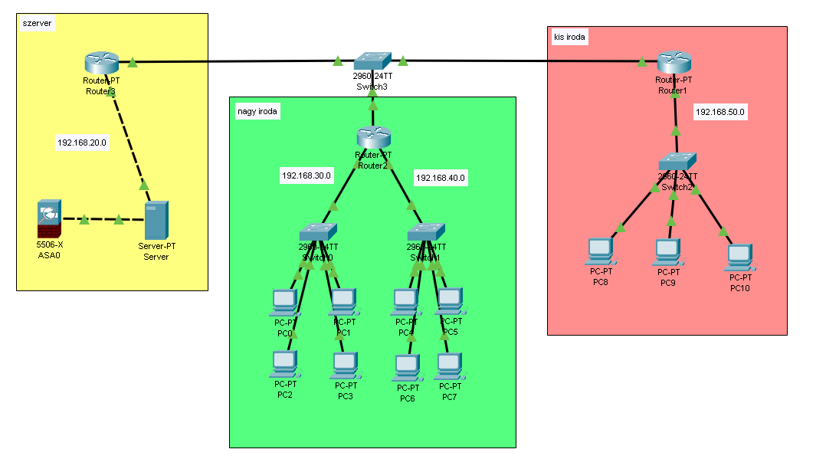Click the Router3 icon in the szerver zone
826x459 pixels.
coord(101,61)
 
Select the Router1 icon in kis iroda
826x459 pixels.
coord(674,61)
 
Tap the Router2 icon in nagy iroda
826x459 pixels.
coord(374,138)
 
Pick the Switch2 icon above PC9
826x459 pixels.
coord(677,161)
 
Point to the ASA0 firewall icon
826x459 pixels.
coord(48,218)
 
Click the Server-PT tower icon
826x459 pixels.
coord(156,220)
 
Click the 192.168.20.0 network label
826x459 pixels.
coord(81,143)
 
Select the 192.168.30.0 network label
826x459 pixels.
coord(306,175)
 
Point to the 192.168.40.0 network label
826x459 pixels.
coord(440,178)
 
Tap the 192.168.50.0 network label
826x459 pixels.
coord(719,112)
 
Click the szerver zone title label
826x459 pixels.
coord(38,24)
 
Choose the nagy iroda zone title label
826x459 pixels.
coord(257,112)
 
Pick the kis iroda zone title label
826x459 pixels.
coord(568,36)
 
